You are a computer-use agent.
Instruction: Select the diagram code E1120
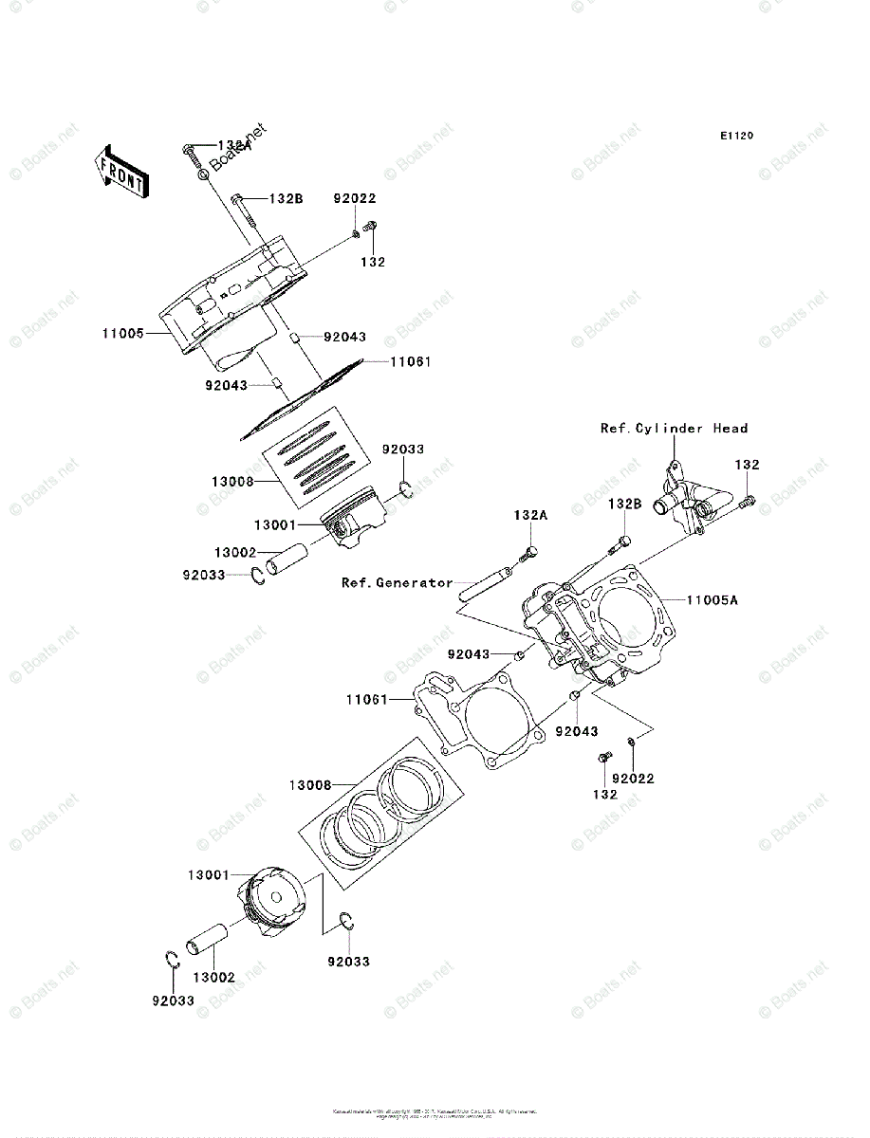735,137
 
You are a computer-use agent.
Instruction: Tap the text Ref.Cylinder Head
674,429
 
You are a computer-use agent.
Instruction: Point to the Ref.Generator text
397,582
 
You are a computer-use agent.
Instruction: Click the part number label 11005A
713,600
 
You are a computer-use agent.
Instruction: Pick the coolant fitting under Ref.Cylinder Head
689,498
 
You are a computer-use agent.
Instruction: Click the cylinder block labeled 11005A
598,626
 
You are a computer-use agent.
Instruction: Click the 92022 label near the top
354,198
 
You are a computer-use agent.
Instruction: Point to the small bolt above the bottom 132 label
602,757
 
